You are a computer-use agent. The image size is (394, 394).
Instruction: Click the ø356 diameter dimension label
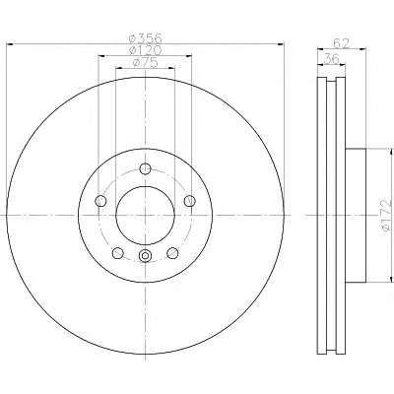(145, 38)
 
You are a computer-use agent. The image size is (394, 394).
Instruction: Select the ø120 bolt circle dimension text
(145, 50)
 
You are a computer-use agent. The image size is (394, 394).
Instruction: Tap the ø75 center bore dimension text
(145, 62)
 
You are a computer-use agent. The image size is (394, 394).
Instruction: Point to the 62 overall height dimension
(341, 43)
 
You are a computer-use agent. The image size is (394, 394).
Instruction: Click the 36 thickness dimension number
(332, 59)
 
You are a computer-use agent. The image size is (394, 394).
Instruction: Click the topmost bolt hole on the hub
(145, 169)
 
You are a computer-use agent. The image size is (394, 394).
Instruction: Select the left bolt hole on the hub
(100, 201)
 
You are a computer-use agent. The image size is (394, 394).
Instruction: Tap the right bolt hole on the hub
(190, 201)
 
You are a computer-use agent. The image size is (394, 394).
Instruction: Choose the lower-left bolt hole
(118, 253)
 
